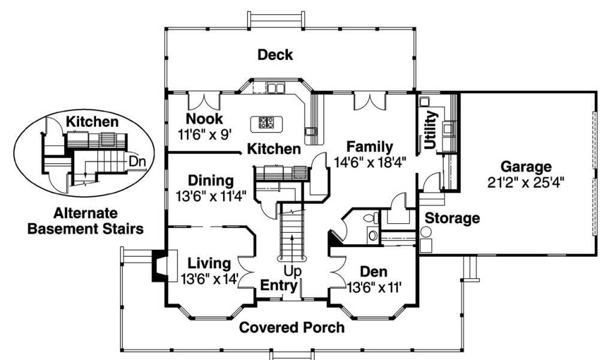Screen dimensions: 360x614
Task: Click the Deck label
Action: [275, 55]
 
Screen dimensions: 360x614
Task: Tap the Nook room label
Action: [204, 119]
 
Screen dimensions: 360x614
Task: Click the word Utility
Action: [431, 130]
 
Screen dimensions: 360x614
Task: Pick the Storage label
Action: [452, 218]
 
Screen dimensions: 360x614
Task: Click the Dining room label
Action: [210, 180]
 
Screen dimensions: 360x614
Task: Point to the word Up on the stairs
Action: [293, 271]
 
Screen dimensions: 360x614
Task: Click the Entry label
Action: [279, 285]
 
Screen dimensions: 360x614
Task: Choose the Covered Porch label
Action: [292, 328]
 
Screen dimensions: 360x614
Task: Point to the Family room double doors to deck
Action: [368, 101]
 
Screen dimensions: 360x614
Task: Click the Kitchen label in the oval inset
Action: [92, 122]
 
